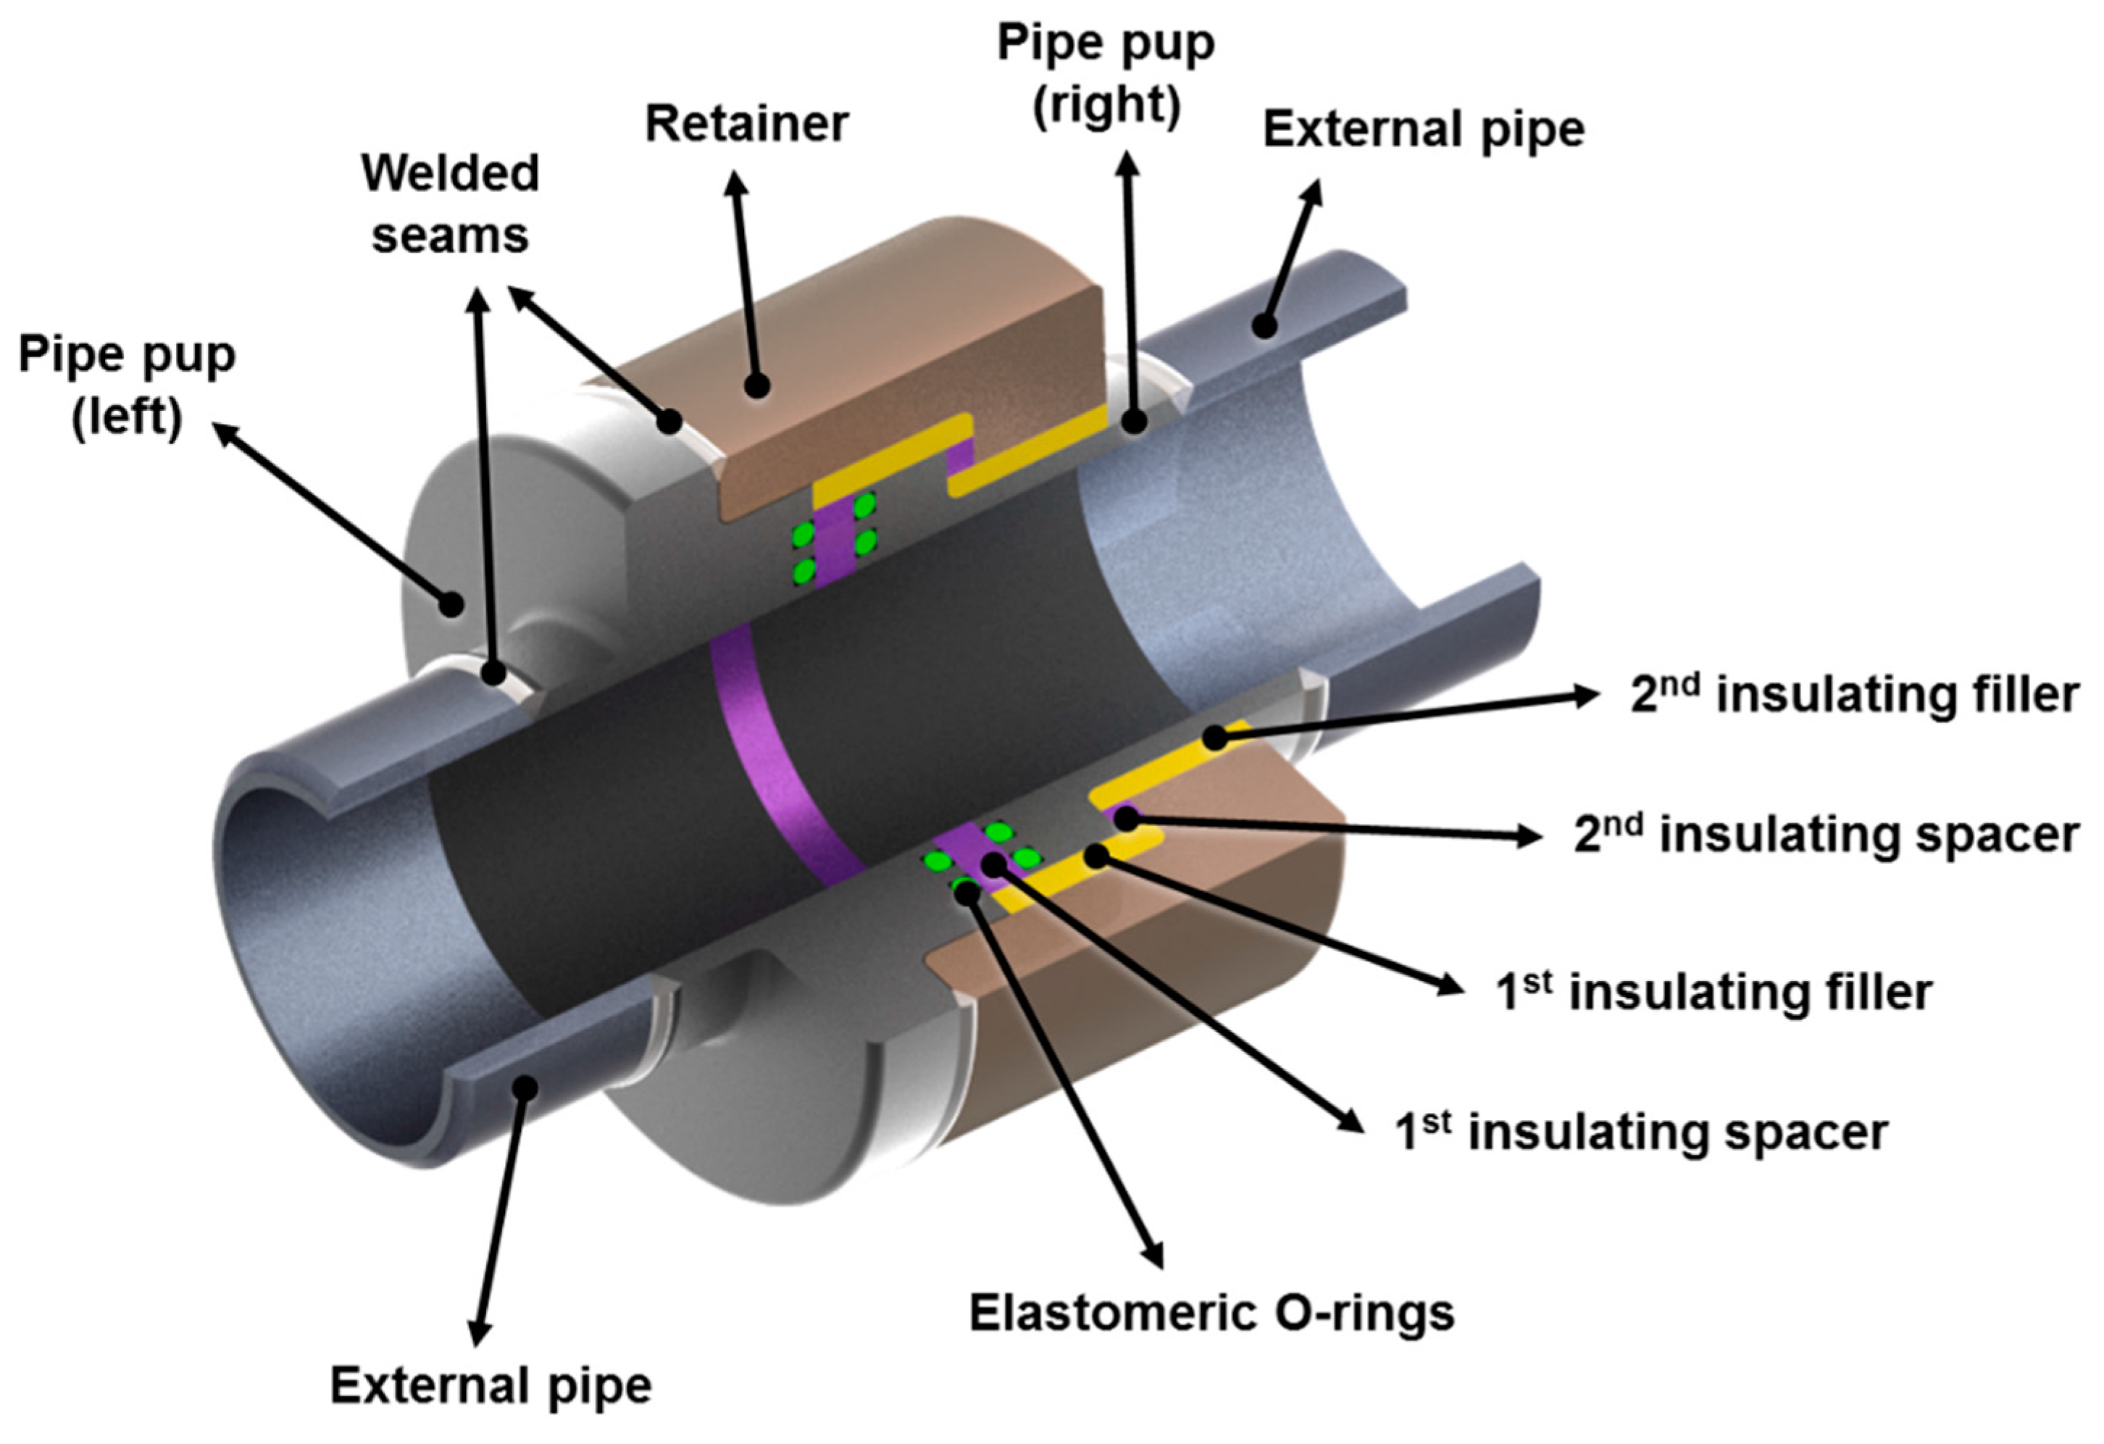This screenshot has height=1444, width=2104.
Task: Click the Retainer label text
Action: tap(746, 124)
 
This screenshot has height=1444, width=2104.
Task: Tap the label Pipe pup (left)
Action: tap(127, 385)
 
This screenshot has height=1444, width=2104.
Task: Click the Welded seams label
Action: tap(450, 204)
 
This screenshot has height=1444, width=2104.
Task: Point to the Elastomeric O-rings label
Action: tap(1211, 1312)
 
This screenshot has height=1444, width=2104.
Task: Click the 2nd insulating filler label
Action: tap(1854, 696)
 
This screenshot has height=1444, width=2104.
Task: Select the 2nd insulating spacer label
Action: tap(1825, 834)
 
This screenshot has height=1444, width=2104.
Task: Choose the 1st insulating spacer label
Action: tap(1641, 1132)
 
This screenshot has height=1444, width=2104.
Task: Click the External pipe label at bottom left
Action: tap(490, 1385)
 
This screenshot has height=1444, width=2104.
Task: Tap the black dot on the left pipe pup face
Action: tap(450, 603)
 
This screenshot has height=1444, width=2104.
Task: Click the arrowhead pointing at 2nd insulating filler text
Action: tap(1589, 696)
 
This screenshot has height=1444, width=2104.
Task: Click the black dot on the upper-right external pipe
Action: tap(1265, 325)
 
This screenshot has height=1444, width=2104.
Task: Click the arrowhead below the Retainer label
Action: tap(736, 182)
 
